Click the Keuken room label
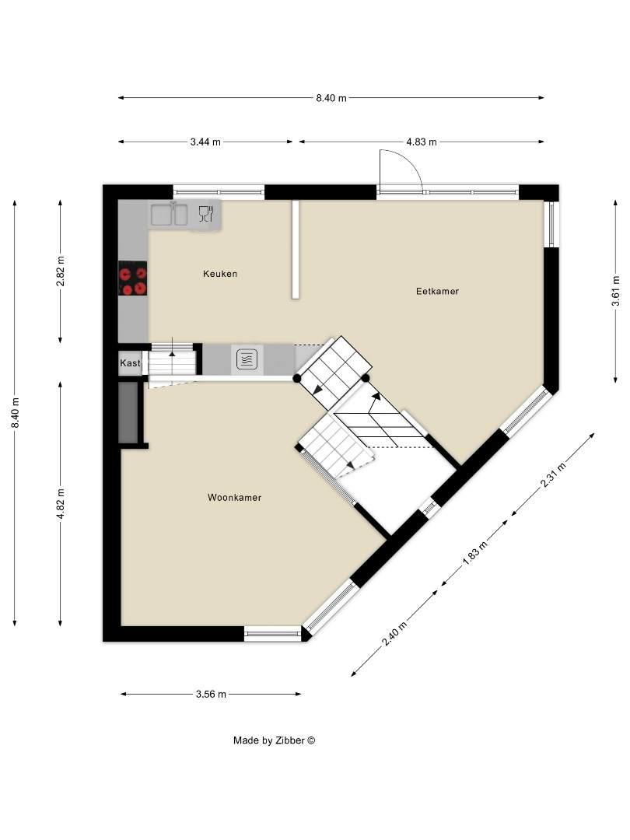coord(219,274)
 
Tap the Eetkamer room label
coord(437,292)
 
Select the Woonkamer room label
coord(234,498)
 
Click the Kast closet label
coord(130,363)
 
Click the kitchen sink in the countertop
coord(170,214)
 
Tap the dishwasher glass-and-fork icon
coord(205,214)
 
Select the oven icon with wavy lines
coord(247,359)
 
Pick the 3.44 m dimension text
coord(205,142)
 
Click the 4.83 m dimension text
coord(422,142)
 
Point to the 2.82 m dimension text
coord(61,271)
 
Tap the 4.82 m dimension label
coord(61,503)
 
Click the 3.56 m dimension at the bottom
coord(211,694)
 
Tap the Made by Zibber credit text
coord(274,740)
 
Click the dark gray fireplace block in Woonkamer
coord(128,412)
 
